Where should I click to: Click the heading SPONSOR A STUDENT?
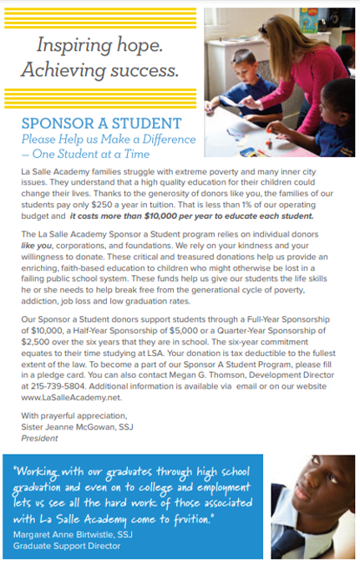101,124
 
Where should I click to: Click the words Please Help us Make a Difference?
109,140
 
